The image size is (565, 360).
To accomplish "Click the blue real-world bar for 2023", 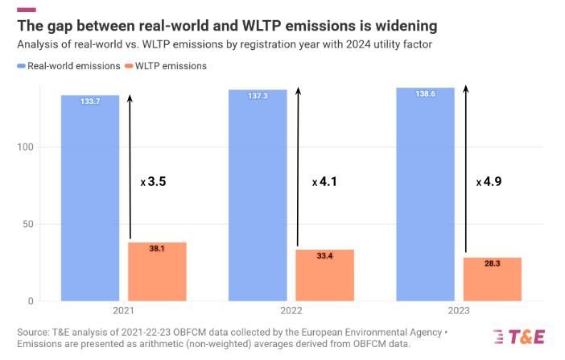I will pyautogui.click(x=426, y=196).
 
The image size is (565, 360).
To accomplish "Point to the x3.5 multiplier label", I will pyautogui.click(x=154, y=182).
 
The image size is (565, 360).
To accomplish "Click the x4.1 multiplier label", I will pyautogui.click(x=324, y=182).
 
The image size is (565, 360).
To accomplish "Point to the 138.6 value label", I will pyautogui.click(x=426, y=94).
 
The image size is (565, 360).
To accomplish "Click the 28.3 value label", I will pyautogui.click(x=492, y=263).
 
